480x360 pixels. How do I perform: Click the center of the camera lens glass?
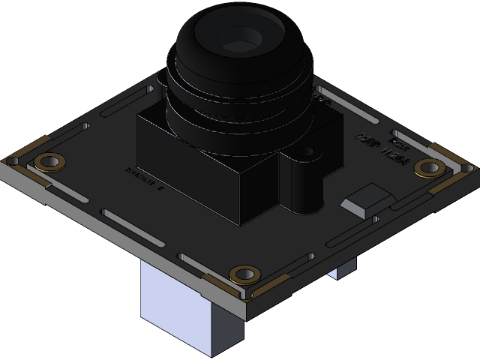(x=238, y=37)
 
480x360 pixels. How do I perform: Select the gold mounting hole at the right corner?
(x=429, y=166)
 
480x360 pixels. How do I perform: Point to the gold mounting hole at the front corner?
(x=244, y=274)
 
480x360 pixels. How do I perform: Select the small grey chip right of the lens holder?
(x=365, y=199)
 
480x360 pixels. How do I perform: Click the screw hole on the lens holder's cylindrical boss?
(x=305, y=152)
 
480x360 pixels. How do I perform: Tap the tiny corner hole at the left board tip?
(x=12, y=160)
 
